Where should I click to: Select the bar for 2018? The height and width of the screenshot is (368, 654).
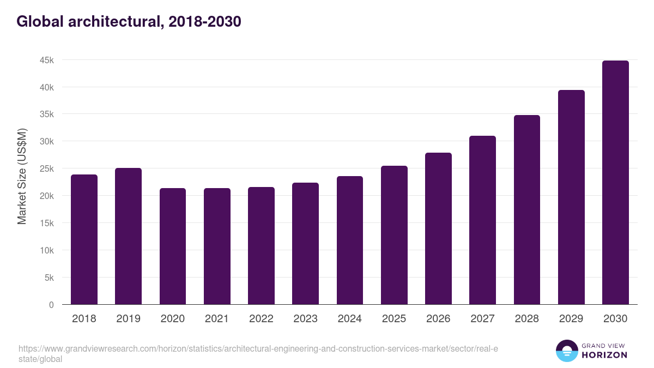coord(84,240)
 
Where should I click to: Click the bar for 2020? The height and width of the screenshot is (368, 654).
coord(173,246)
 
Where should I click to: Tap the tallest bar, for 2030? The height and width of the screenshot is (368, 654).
coord(615,183)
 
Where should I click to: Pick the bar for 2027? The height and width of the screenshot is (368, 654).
coord(482,220)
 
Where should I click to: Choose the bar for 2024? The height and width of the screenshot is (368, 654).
coord(350,240)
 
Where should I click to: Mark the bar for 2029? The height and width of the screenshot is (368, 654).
coord(571,197)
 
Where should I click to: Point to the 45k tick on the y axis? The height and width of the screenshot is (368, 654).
coord(47,60)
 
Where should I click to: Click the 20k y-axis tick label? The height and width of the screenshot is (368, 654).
coord(47,196)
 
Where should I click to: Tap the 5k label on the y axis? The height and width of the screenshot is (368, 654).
coord(49,277)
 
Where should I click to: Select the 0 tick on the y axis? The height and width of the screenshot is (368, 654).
coord(51,305)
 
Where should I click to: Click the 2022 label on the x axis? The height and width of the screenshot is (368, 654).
coord(261,319)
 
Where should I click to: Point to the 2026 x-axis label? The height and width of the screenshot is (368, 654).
coord(438,319)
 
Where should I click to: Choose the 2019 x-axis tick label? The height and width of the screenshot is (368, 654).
coord(128,319)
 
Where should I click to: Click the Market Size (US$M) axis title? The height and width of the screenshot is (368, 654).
coord(22,176)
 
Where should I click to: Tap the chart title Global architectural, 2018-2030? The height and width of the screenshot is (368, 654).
coord(129,22)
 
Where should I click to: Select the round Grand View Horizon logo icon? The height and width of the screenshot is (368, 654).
coord(567,351)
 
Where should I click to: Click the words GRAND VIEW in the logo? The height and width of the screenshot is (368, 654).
coord(604,345)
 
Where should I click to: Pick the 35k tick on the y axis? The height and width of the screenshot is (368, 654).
coord(47,114)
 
